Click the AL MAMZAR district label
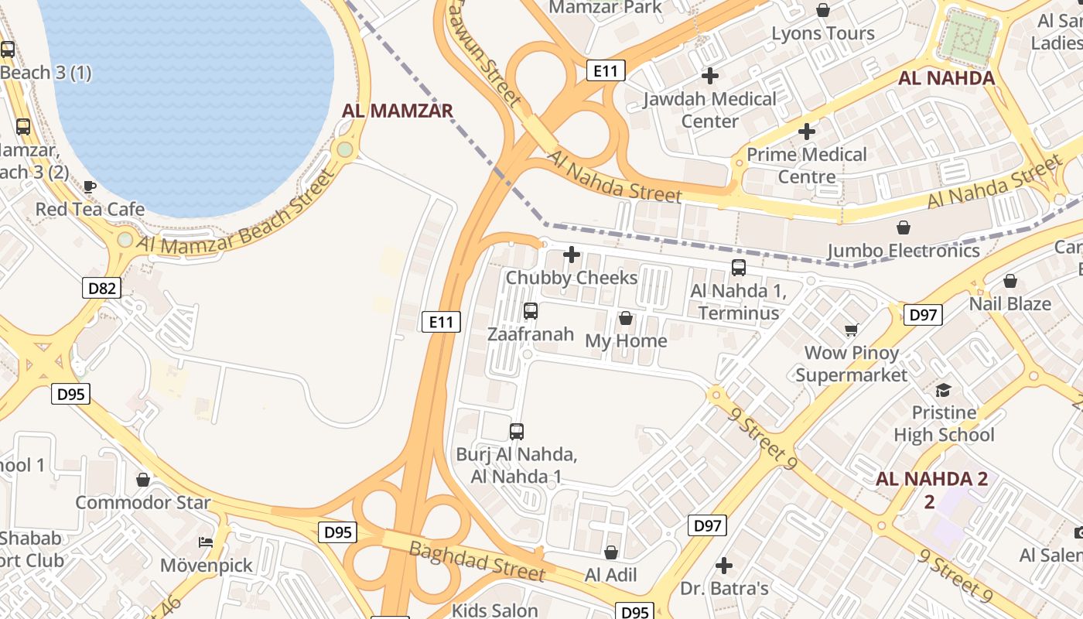tap(397, 111)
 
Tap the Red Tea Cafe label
tap(90, 209)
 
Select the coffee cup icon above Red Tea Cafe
tap(90, 186)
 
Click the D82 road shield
tap(101, 289)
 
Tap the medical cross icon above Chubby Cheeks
tap(572, 254)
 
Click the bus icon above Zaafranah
tap(531, 311)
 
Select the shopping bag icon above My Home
tap(626, 318)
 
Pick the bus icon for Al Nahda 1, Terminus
tap(739, 268)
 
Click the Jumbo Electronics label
tap(903, 251)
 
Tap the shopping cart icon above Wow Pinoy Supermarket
tap(852, 330)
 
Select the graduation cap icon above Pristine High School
tap(944, 389)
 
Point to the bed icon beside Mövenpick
tap(206, 542)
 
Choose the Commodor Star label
tap(142, 503)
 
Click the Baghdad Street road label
tap(477, 562)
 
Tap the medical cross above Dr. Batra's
tap(724, 566)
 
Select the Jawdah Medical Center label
tap(709, 110)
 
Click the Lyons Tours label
tap(823, 33)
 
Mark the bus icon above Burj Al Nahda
tap(517, 431)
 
